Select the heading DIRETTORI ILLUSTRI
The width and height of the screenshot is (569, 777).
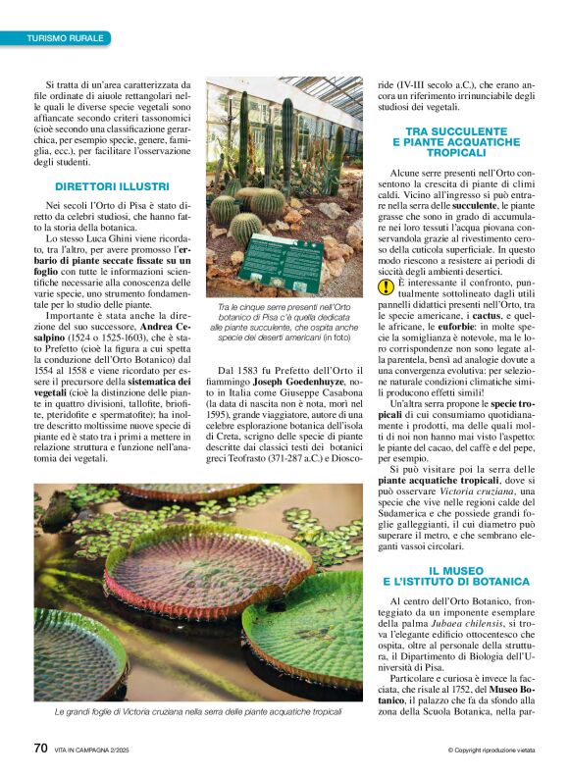point(112,186)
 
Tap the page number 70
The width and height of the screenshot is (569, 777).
point(40,749)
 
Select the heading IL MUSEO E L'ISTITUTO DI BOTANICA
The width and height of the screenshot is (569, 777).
point(451,576)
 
